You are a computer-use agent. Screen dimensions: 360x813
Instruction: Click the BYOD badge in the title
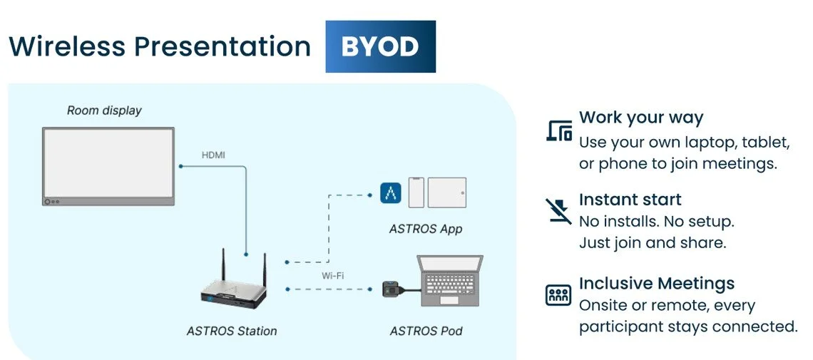tap(380, 47)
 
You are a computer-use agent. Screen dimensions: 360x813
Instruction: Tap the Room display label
tap(104, 110)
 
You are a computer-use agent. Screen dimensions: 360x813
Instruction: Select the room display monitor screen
tap(107, 163)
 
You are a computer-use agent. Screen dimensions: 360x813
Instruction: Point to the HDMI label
tap(214, 155)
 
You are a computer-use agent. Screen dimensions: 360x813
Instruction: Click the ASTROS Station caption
tap(232, 331)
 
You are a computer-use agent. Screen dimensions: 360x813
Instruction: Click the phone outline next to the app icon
tap(416, 192)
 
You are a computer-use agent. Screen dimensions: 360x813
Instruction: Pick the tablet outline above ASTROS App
tap(446, 192)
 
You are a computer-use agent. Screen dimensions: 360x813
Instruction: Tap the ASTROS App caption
tap(426, 230)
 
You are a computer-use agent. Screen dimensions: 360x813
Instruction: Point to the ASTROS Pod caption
tap(426, 331)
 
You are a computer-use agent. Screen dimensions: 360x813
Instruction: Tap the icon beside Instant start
tap(558, 211)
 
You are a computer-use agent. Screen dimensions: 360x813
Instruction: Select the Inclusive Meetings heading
tap(656, 283)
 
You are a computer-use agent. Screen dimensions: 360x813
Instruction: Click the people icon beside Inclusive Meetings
tap(558, 294)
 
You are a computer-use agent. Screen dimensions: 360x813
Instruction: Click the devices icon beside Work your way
tap(558, 130)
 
